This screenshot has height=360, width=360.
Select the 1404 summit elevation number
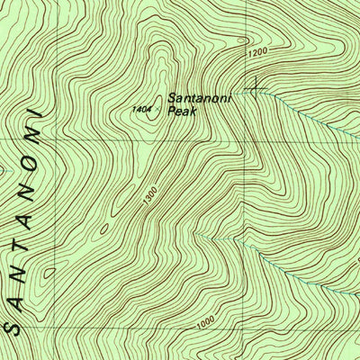click(x=140, y=109)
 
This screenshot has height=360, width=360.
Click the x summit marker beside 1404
click(x=157, y=110)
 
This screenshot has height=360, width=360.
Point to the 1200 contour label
click(x=256, y=54)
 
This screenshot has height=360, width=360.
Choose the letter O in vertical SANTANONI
click(x=31, y=159)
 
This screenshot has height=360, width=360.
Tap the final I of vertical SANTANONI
click(x=39, y=115)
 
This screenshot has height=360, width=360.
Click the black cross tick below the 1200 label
click(x=258, y=86)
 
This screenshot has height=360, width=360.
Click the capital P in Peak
click(x=171, y=114)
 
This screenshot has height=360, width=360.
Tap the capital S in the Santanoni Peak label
click(x=171, y=101)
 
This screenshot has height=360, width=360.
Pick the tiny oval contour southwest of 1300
click(x=104, y=229)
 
